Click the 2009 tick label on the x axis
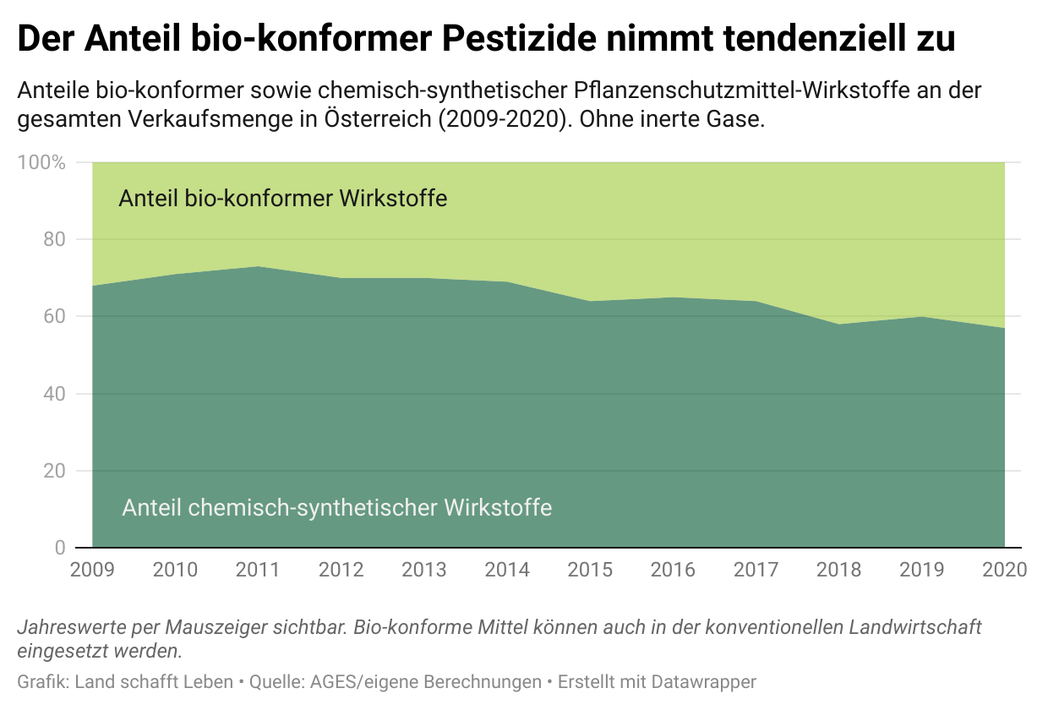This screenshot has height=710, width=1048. (x=91, y=569)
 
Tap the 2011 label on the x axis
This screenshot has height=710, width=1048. (x=258, y=569)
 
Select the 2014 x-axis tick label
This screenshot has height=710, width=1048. (x=507, y=569)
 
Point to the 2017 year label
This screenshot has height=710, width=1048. (x=756, y=569)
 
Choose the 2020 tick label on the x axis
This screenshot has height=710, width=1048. (x=1004, y=569)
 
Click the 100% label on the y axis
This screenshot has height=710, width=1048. (x=41, y=162)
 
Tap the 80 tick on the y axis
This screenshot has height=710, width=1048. (x=54, y=239)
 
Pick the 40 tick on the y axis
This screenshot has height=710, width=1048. (x=54, y=394)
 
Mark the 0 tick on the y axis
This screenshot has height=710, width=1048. (x=59, y=548)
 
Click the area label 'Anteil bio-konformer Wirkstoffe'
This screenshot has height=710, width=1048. (x=282, y=199)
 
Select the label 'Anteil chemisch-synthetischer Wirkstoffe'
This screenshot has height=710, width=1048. (x=336, y=507)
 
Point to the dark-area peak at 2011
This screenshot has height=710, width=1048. (x=258, y=266)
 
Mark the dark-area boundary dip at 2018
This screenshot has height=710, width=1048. (x=839, y=324)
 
